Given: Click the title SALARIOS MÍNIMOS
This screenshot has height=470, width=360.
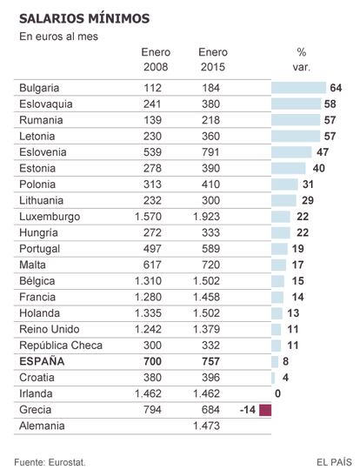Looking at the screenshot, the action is pyautogui.click(x=84, y=18).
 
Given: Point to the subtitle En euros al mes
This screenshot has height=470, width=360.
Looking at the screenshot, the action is pyautogui.click(x=59, y=37).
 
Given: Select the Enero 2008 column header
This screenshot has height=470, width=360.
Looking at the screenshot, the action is pyautogui.click(x=156, y=59).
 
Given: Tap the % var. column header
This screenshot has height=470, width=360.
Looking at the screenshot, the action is pyautogui.click(x=302, y=59).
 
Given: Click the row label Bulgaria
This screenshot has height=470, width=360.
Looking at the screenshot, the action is pyautogui.click(x=39, y=88).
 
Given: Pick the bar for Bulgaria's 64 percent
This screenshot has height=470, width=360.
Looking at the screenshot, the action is pyautogui.click(x=298, y=88).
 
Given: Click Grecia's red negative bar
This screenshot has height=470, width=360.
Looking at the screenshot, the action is pyautogui.click(x=265, y=410).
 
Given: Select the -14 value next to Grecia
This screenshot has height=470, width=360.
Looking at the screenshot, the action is pyautogui.click(x=248, y=410).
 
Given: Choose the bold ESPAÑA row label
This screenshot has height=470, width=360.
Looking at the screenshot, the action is pyautogui.click(x=42, y=361).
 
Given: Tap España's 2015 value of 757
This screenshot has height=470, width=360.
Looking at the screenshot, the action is pyautogui.click(x=210, y=361).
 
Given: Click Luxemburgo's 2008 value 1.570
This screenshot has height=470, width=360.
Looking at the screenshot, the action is pyautogui.click(x=148, y=217).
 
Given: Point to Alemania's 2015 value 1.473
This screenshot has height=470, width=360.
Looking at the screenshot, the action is pyautogui.click(x=206, y=426).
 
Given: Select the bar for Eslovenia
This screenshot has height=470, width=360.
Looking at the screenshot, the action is pyautogui.click(x=291, y=152).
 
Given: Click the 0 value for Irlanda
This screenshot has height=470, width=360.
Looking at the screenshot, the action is pyautogui.click(x=278, y=393).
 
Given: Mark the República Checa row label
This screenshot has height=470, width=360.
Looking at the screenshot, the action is pyautogui.click(x=61, y=346).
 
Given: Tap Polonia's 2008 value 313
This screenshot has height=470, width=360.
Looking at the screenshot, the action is pyautogui.click(x=152, y=185).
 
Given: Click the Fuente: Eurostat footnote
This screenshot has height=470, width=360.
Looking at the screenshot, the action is pyautogui.click(x=50, y=462).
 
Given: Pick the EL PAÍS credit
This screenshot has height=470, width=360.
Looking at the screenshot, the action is pyautogui.click(x=334, y=462).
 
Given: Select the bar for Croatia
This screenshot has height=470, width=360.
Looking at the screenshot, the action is pyautogui.click(x=273, y=378).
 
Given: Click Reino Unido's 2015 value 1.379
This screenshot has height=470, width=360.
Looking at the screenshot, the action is pyautogui.click(x=206, y=329).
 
